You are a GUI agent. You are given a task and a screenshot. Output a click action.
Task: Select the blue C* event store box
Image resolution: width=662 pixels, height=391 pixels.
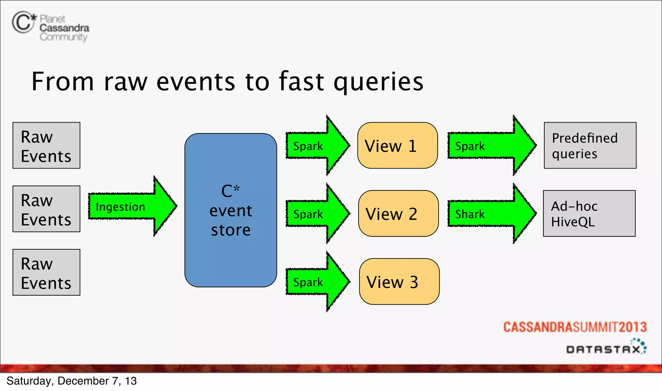pos(230,210)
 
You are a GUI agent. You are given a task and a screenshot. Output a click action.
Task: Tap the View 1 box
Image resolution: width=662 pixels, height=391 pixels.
pos(397,146)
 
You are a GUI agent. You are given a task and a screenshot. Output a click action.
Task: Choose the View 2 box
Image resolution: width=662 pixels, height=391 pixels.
pos(398,213)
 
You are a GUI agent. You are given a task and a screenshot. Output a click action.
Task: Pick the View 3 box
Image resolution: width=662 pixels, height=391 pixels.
pos(399,281)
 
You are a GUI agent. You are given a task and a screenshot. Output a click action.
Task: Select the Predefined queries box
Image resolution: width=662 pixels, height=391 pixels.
pos(590,146)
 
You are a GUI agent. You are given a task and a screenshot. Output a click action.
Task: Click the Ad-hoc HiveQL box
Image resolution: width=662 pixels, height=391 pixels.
pos(589,213)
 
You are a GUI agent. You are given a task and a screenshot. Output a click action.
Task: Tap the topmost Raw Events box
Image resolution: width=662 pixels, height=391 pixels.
pos(46,146)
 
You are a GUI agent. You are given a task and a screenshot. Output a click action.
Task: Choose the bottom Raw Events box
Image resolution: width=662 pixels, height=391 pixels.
pos(46,272)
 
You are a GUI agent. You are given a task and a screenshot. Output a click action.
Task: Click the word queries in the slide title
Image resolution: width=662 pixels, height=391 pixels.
pos(378,82)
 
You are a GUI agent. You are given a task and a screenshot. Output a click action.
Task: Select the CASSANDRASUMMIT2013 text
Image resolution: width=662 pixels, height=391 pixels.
pos(575,327)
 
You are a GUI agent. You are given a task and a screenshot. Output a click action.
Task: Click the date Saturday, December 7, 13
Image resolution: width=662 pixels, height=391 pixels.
pos(71,381)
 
